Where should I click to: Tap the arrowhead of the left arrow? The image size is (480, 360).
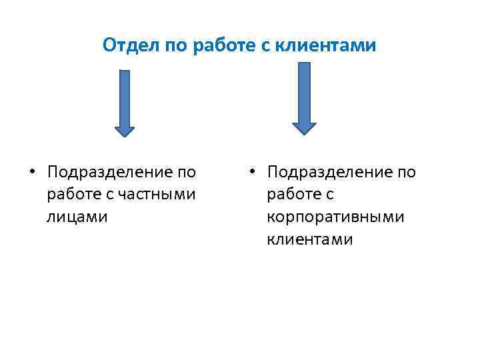coord(124,131)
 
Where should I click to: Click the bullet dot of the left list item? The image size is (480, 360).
coord(31,172)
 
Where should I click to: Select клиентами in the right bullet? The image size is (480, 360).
coord(310,239)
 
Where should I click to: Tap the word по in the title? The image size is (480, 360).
coord(173,45)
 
